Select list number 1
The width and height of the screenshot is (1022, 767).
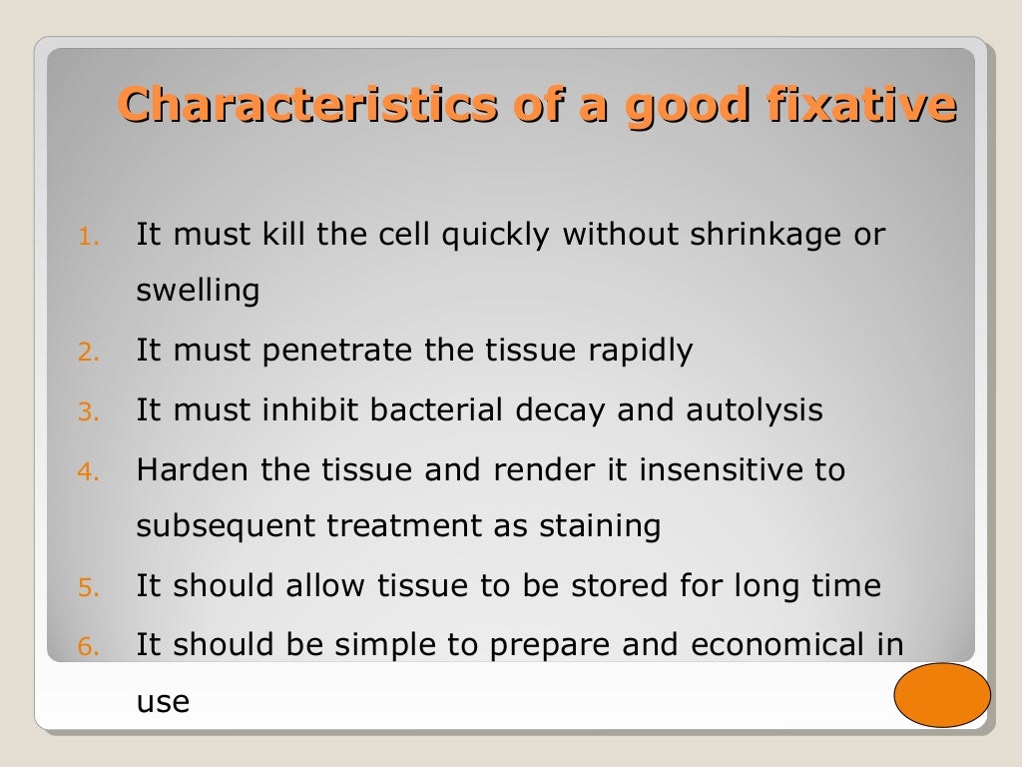point(89,238)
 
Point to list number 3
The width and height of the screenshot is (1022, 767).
point(89,412)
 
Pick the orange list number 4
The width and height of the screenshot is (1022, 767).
point(89,471)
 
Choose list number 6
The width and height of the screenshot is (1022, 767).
point(89,647)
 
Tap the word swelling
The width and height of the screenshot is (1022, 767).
point(198,292)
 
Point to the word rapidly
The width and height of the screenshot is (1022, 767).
point(640,352)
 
